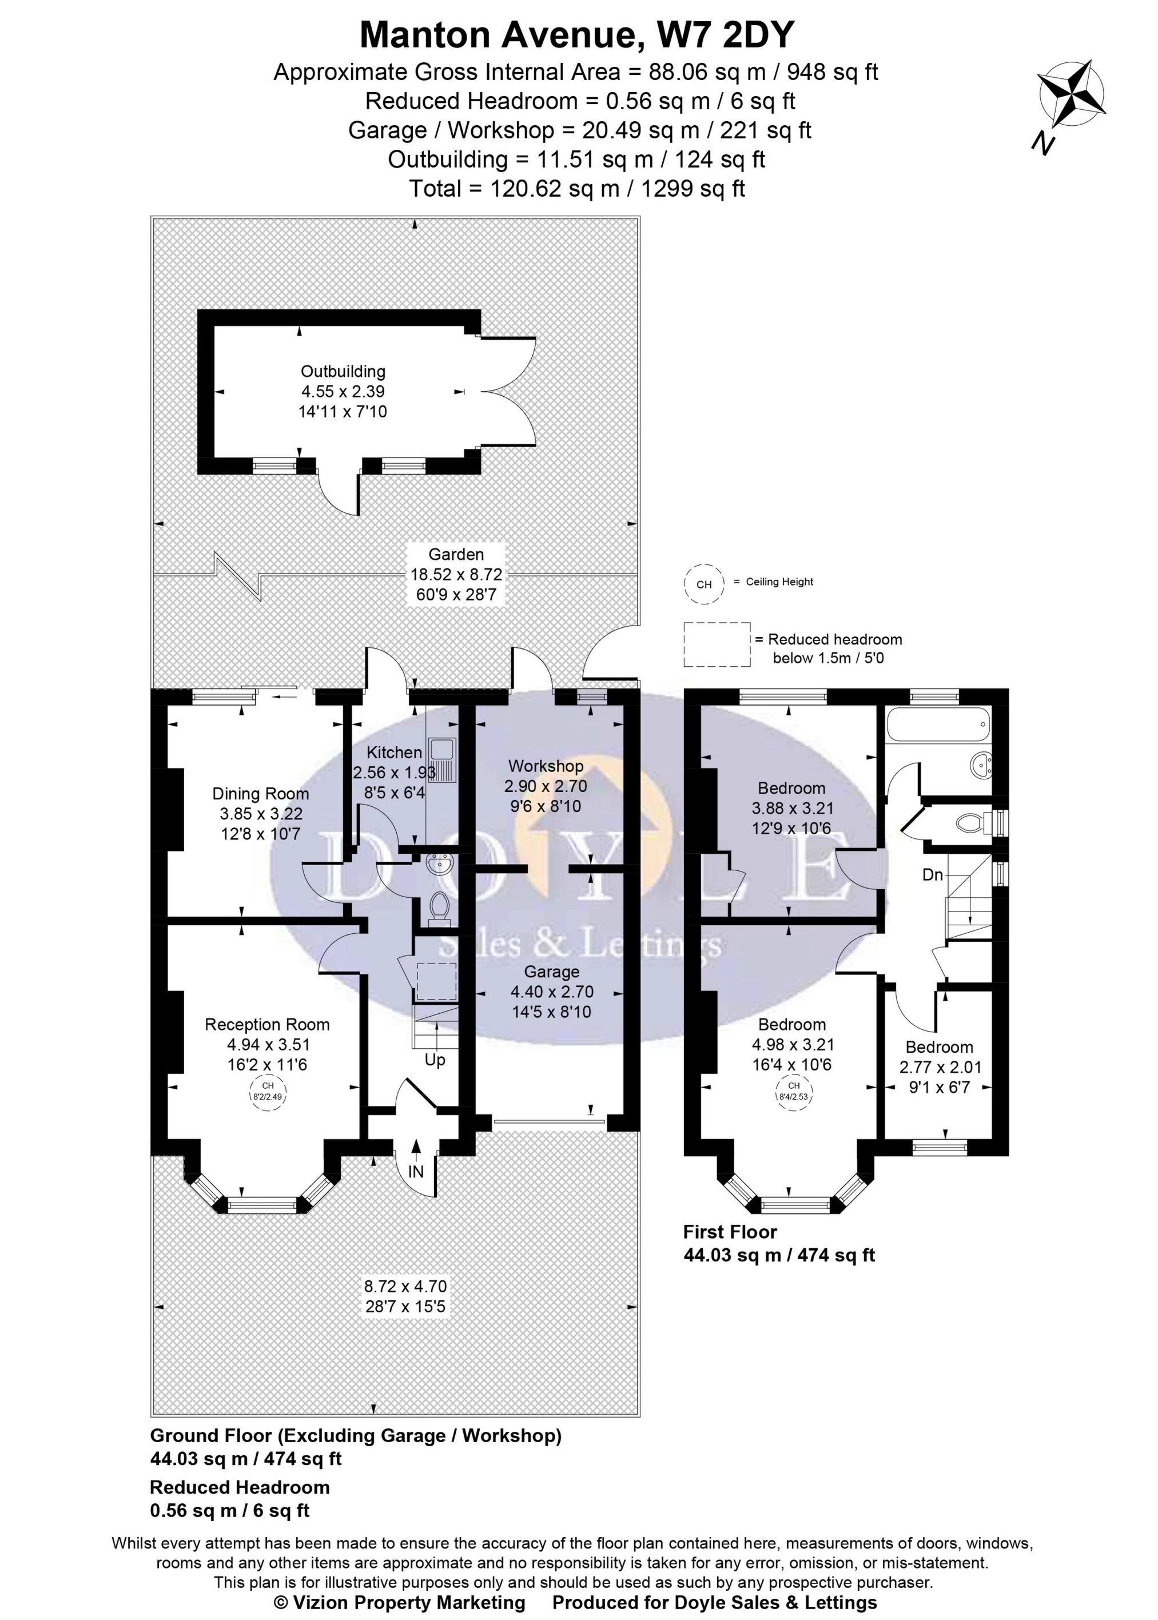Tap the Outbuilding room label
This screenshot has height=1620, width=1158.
(x=343, y=372)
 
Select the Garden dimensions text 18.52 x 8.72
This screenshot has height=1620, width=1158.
(x=456, y=575)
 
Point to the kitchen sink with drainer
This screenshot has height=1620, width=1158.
(x=441, y=762)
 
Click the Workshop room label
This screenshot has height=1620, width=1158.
(x=546, y=766)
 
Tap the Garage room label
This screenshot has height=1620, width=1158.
(x=551, y=972)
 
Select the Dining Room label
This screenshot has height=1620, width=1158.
(x=260, y=794)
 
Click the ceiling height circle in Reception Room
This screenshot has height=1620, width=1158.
(x=268, y=1092)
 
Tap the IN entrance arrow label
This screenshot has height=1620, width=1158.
(x=416, y=1172)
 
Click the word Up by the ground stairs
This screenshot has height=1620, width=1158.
(x=435, y=1060)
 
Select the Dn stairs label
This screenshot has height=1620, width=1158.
(x=933, y=875)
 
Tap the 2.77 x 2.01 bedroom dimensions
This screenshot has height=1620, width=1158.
(x=940, y=1068)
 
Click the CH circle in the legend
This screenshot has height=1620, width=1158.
(x=704, y=584)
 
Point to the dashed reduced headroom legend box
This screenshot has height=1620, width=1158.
(x=717, y=644)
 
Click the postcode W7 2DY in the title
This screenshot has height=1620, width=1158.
(x=725, y=34)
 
